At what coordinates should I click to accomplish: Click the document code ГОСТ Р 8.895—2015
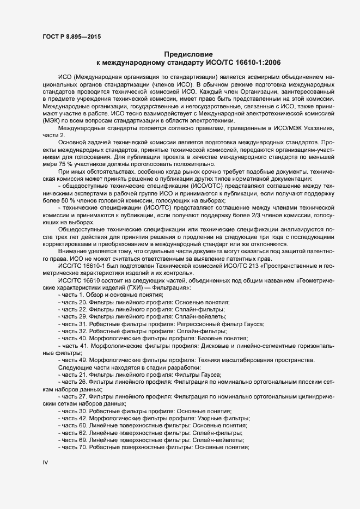pos(71,36)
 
